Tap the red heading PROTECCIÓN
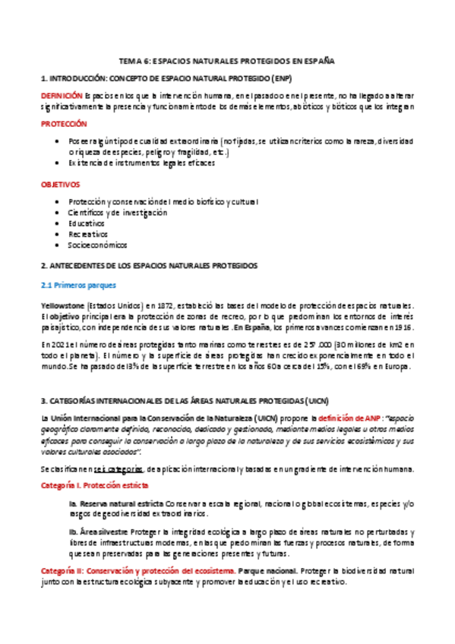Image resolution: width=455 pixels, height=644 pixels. point(64,123)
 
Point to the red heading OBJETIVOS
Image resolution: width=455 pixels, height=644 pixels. point(60,185)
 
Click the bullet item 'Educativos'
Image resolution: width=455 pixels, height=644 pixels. point(86,224)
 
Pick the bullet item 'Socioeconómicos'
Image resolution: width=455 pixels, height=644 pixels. point(97,245)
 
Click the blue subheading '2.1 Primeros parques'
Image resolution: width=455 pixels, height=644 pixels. point(77,285)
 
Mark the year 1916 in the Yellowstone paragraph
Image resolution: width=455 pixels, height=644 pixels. point(401,327)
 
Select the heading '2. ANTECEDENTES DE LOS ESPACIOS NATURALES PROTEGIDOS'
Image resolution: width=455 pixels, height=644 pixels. point(149,266)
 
